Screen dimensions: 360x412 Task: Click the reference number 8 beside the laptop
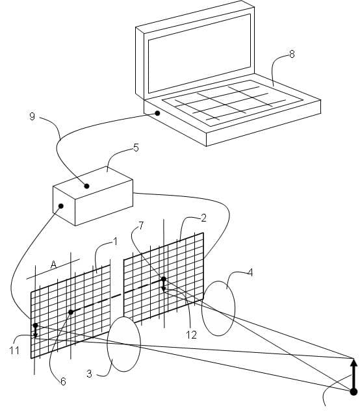[292, 54]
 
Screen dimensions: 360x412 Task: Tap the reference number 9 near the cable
[32, 116]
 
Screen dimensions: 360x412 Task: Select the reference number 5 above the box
[136, 148]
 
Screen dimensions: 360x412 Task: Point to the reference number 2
[203, 218]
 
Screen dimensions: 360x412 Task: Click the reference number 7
[141, 225]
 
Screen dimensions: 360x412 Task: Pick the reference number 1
[114, 242]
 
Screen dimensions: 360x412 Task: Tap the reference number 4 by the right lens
[250, 273]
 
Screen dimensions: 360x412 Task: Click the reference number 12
[191, 335]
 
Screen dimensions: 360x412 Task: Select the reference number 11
[14, 350]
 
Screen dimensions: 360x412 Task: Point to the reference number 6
[63, 381]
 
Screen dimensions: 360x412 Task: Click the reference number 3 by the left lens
[89, 374]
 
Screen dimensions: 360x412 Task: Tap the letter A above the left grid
[53, 264]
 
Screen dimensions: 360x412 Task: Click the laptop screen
[199, 53]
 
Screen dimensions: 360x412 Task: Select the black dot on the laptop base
[157, 113]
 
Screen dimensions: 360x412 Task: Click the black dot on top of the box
[86, 186]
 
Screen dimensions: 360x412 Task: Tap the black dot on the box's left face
[61, 206]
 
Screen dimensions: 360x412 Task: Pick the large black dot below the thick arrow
[354, 392]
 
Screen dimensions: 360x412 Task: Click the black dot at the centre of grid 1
[71, 312]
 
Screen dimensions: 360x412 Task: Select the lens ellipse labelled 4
[201, 309]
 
